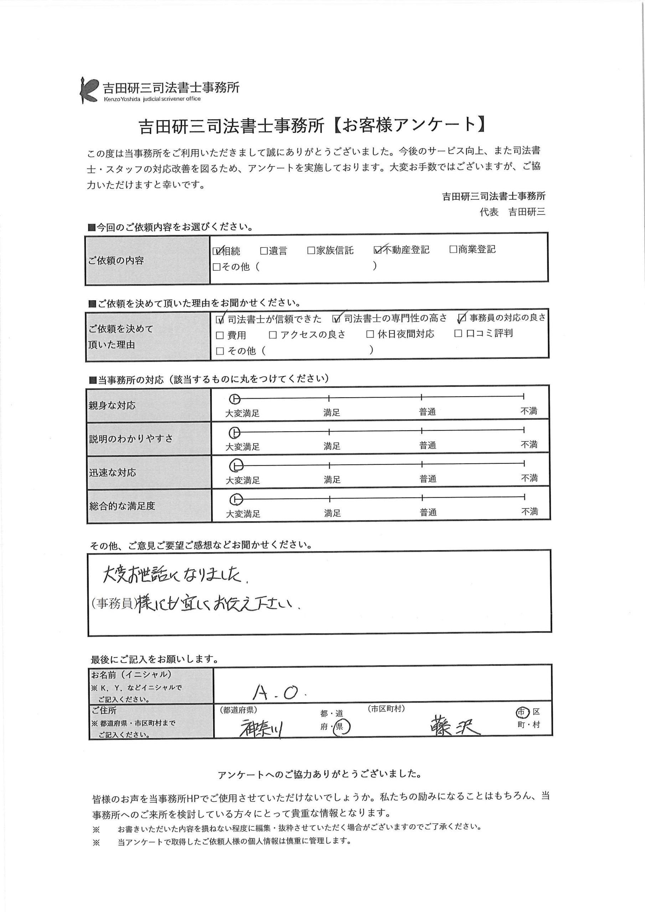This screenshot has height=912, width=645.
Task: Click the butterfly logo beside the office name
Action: click(x=89, y=90)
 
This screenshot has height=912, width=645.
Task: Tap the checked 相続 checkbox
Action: click(x=217, y=251)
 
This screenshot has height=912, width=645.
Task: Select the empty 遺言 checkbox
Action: click(x=263, y=251)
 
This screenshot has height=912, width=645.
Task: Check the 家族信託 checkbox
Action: click(x=311, y=250)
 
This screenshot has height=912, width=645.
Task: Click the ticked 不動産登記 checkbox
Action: click(x=377, y=249)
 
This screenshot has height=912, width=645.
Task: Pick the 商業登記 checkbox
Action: click(x=453, y=249)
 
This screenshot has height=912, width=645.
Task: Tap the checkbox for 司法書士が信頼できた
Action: click(x=220, y=319)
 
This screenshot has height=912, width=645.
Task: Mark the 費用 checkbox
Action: click(x=220, y=335)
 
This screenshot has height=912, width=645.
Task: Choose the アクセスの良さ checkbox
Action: click(x=273, y=335)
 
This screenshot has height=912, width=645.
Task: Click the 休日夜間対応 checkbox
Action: click(x=370, y=334)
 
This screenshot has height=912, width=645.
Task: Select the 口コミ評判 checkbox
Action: click(x=458, y=333)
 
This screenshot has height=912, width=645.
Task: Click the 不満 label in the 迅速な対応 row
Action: click(x=529, y=478)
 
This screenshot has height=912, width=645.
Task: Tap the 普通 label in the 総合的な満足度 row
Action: click(x=428, y=512)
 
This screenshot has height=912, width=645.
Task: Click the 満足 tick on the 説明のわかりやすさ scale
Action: click(x=329, y=431)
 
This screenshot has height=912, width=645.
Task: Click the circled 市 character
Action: click(x=521, y=712)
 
